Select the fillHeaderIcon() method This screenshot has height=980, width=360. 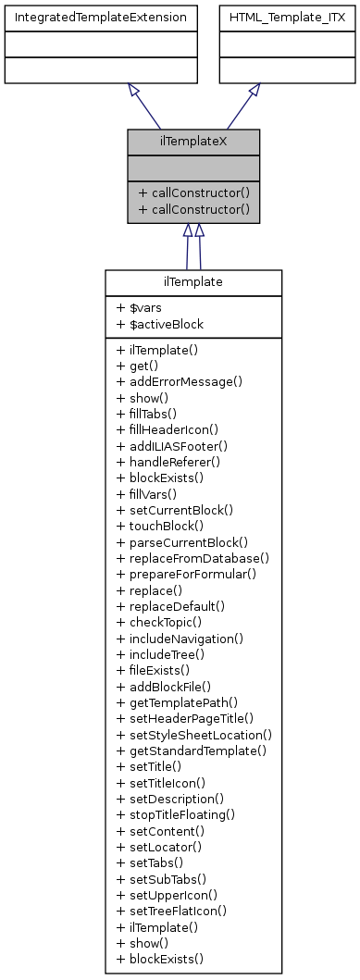(x=168, y=429)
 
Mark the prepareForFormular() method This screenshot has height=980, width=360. (x=186, y=574)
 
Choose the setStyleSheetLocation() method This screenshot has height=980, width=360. (x=194, y=734)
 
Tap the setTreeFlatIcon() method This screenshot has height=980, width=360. (x=173, y=912)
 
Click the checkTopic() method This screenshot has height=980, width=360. (x=160, y=622)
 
